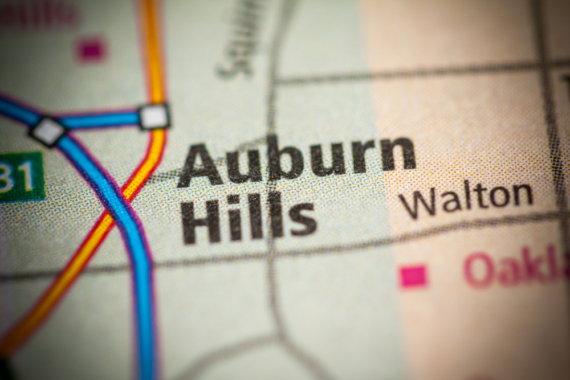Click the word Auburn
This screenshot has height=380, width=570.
pos(296,159)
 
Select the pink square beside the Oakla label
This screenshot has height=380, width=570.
pos(413,276)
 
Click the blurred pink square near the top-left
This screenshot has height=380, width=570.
pos(91,50)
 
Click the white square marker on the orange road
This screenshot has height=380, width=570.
pos(154,116)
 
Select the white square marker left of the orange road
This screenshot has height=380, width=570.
pos(48,131)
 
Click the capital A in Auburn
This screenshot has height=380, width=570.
pos(199,166)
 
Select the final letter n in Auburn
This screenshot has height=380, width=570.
pos(398,154)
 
